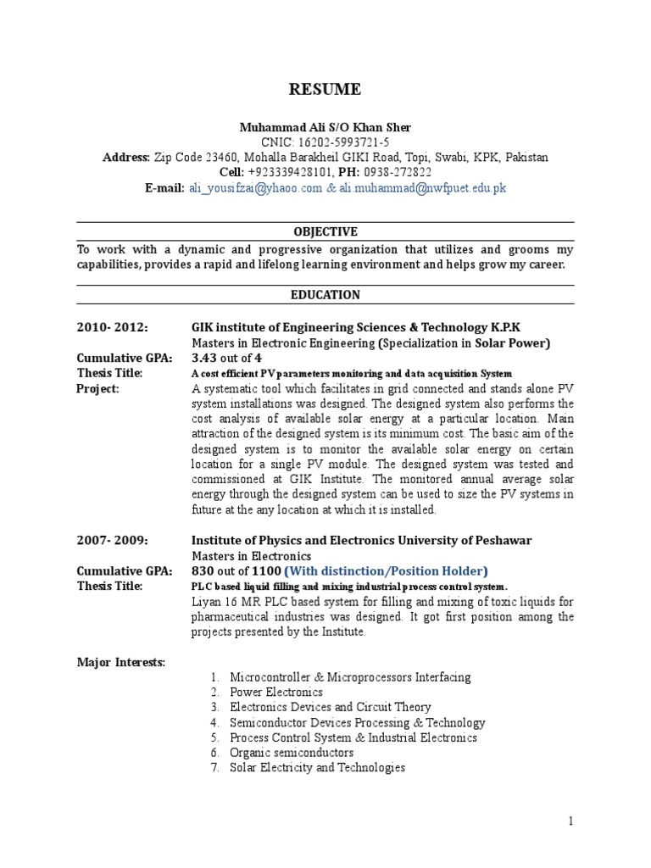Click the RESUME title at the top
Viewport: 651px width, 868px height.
click(325, 90)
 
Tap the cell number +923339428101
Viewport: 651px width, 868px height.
click(287, 173)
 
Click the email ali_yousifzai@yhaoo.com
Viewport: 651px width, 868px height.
click(255, 188)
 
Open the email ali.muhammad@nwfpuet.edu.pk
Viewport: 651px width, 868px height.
click(423, 188)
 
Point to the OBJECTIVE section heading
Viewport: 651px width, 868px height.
click(325, 231)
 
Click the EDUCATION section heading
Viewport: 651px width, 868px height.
click(325, 295)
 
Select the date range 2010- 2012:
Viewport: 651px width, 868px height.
click(112, 327)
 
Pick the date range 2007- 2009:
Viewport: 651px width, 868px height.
click(112, 540)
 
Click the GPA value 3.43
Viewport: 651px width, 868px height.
click(206, 358)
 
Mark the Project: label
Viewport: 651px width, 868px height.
click(97, 388)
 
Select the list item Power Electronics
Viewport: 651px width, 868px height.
click(275, 692)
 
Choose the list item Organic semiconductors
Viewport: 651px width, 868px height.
click(292, 753)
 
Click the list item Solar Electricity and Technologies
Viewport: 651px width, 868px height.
click(317, 768)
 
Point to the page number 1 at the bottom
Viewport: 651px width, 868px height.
click(571, 821)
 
